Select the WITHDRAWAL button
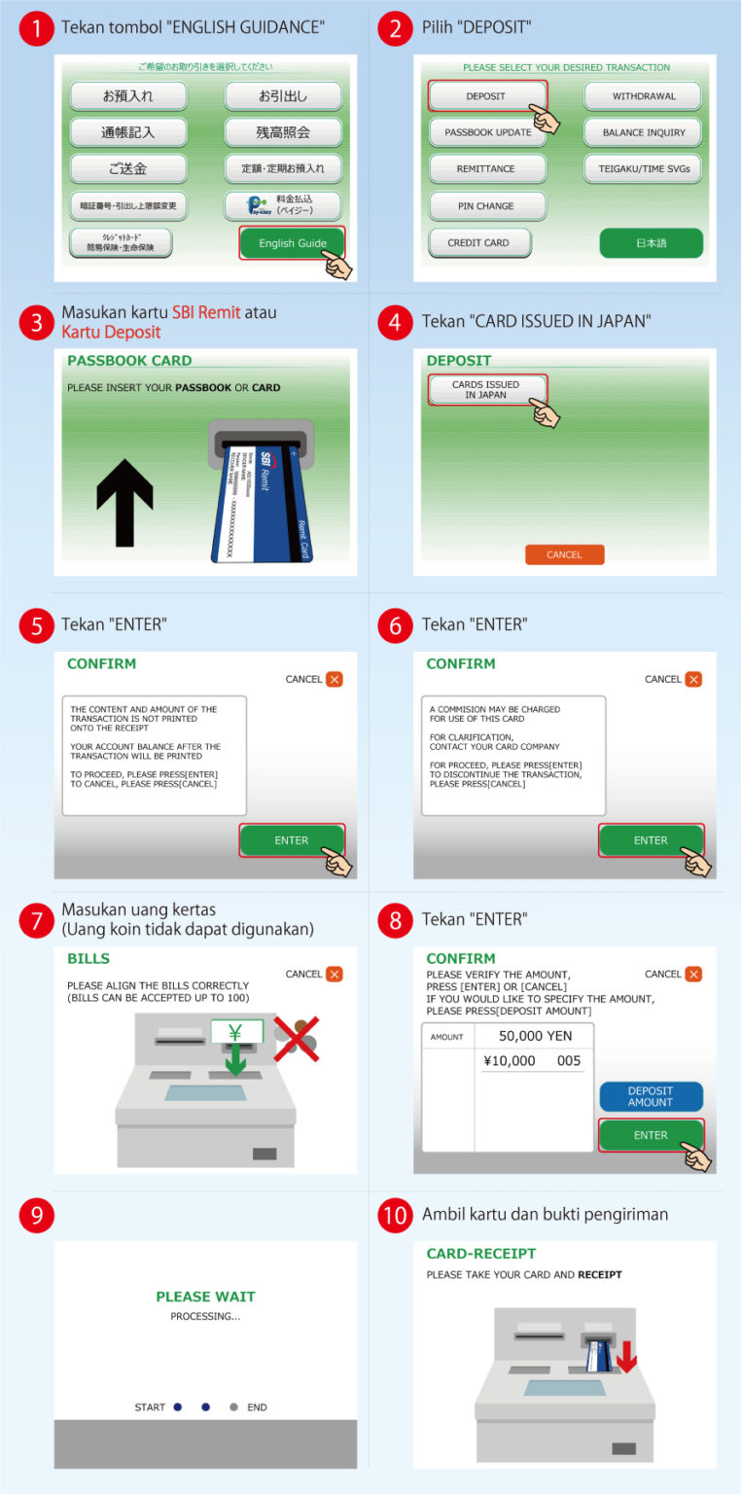[643, 96]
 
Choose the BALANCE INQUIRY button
[643, 132]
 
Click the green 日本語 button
[651, 243]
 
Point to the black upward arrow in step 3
[124, 502]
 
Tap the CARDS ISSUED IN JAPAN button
[487, 390]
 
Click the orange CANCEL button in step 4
[564, 554]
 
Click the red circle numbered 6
[395, 625]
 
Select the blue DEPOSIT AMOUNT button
[651, 1096]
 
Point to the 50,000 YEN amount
[535, 1036]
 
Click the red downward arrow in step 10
[627, 1355]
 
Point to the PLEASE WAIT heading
[205, 1297]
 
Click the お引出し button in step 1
[283, 96]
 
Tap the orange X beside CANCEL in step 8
[692, 974]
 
